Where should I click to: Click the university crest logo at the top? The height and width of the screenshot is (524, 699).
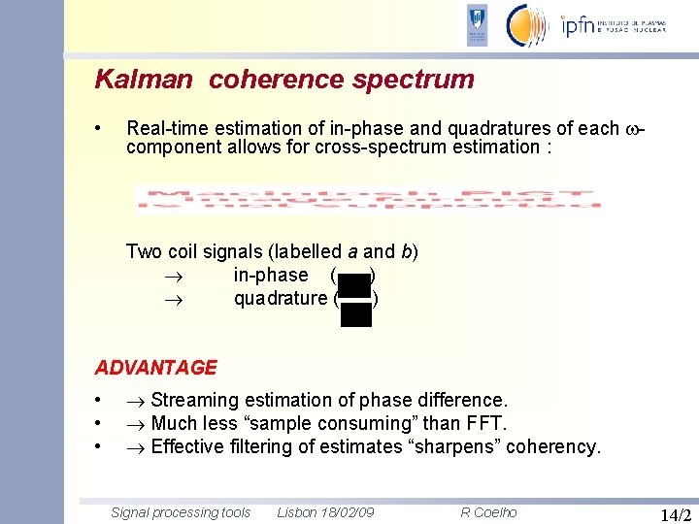(x=478, y=24)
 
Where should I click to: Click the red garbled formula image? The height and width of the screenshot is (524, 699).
(x=368, y=200)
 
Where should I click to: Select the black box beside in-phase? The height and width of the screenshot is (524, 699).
(x=355, y=283)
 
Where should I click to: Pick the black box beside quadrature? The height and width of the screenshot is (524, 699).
(x=356, y=313)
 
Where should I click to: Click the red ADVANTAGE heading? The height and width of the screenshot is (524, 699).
(x=155, y=368)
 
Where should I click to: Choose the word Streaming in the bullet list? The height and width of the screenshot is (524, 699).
(x=191, y=400)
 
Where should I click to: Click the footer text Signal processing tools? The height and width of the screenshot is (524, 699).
(x=181, y=512)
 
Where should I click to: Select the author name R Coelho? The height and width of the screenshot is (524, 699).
(x=488, y=512)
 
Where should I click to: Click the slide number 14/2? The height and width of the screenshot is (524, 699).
(x=674, y=515)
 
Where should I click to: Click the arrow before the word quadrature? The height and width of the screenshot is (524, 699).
(x=173, y=299)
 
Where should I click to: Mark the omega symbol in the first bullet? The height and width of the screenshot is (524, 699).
(x=634, y=129)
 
